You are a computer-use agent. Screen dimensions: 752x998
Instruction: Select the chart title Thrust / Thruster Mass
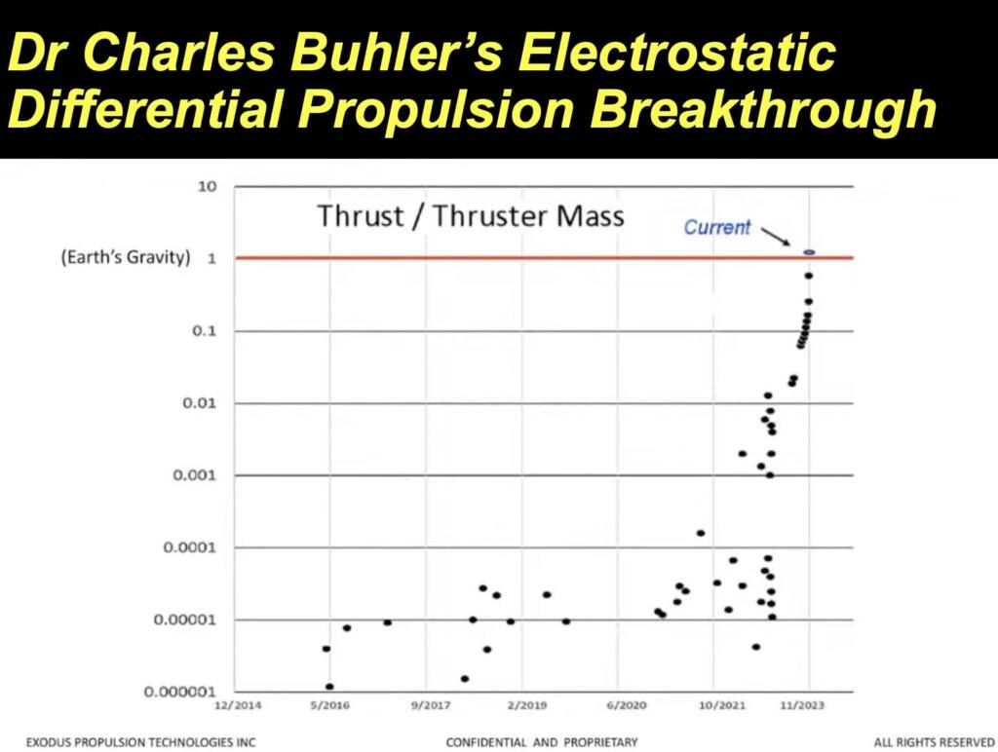(x=470, y=215)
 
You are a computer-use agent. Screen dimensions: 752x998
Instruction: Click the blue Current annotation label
(x=716, y=227)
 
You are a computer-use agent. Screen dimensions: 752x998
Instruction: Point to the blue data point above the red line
(x=808, y=252)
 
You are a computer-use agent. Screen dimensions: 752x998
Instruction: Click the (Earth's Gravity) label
(x=125, y=259)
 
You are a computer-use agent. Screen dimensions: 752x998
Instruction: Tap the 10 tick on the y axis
(x=206, y=186)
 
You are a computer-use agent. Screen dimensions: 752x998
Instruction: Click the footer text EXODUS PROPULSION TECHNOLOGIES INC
(x=141, y=742)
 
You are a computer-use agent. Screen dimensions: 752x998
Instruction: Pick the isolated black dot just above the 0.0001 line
(x=700, y=533)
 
